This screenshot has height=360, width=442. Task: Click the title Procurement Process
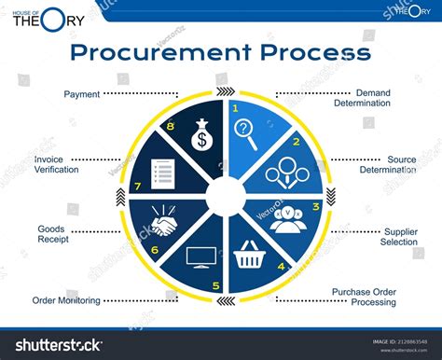(x=220, y=51)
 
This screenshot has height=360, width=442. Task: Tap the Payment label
(x=81, y=94)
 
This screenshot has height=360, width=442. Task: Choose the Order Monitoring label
(x=66, y=300)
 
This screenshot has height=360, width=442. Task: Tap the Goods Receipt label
(x=51, y=234)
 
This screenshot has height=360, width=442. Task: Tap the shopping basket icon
(x=249, y=255)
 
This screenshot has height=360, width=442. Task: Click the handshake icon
(x=166, y=225)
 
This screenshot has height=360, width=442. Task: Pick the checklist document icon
(x=163, y=173)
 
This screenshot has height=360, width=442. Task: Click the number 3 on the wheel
(x=315, y=206)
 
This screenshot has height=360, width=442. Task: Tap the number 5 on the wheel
(x=216, y=285)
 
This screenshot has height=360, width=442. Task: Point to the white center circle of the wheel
(x=224, y=196)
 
